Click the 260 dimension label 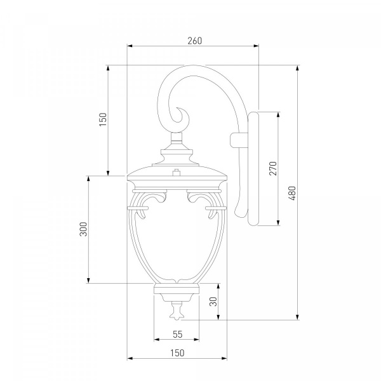coord(195,41)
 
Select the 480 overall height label coord(292,193)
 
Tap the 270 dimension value coord(273,168)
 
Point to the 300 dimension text coord(83,229)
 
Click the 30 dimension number coord(213,302)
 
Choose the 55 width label coord(178,335)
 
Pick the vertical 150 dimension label coord(103,119)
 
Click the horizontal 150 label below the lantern coord(177,353)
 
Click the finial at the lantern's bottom coord(177,311)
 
